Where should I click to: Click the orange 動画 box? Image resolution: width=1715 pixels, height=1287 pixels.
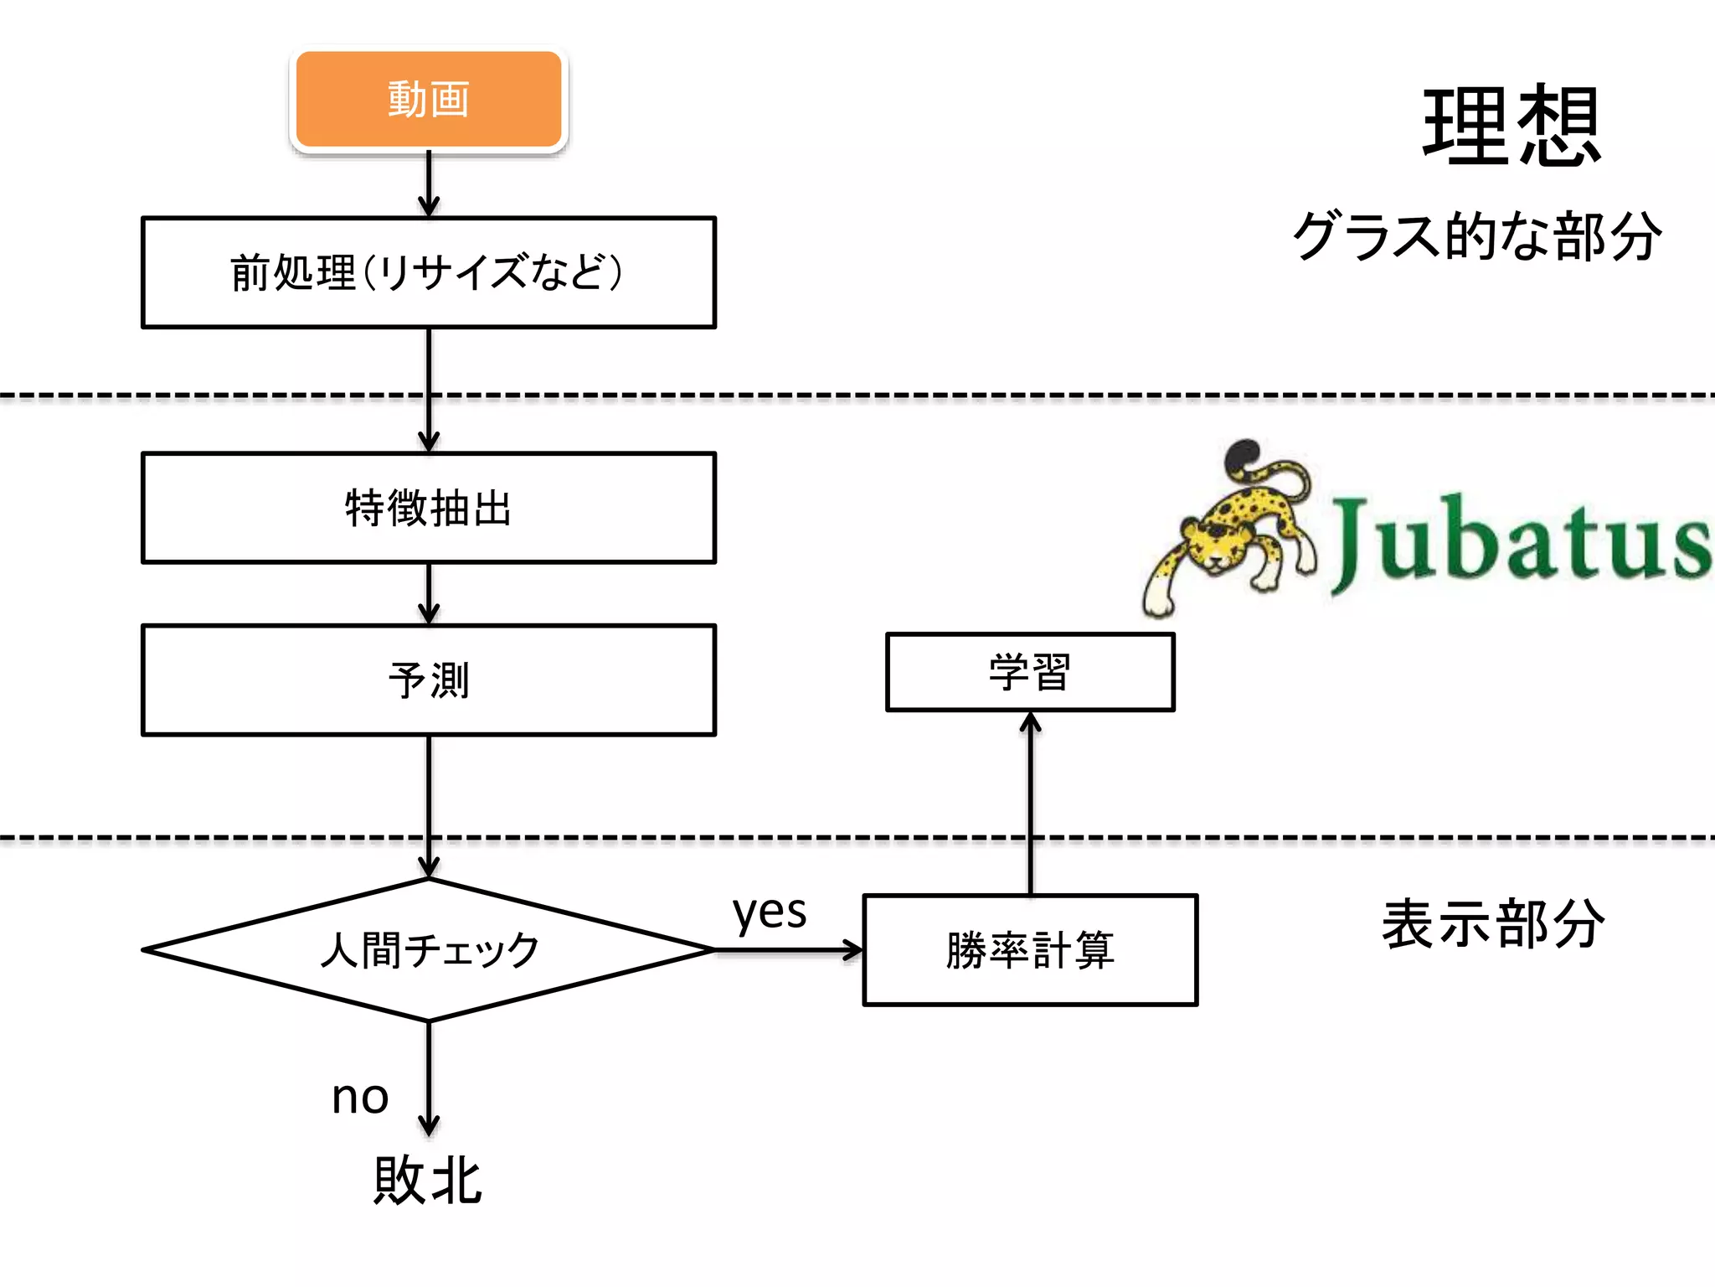tap(428, 99)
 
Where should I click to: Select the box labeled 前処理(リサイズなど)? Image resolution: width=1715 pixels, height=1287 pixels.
tap(428, 272)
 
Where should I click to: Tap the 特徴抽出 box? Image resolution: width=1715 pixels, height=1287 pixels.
tap(428, 508)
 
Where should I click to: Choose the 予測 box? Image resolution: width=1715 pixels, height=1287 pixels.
tap(428, 680)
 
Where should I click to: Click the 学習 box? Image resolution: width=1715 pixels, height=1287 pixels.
tap(1030, 672)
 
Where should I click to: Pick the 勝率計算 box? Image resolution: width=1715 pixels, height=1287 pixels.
tap(1030, 949)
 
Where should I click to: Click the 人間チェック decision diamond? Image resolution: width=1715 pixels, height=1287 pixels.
tap(428, 949)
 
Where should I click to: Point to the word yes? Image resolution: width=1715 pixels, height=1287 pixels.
tap(769, 912)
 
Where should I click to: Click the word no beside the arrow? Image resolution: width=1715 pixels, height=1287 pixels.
tap(360, 1096)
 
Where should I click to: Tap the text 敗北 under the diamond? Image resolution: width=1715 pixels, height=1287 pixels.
tap(428, 1180)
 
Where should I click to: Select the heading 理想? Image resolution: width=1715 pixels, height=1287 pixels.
tap(1512, 126)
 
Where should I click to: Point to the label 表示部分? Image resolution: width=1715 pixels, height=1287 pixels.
tap(1493, 923)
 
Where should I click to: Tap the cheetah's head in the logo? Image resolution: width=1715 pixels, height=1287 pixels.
tap(1210, 545)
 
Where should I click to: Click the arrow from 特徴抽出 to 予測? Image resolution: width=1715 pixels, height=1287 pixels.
tap(428, 593)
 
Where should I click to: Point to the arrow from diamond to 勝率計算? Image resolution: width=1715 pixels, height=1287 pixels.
tap(787, 950)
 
